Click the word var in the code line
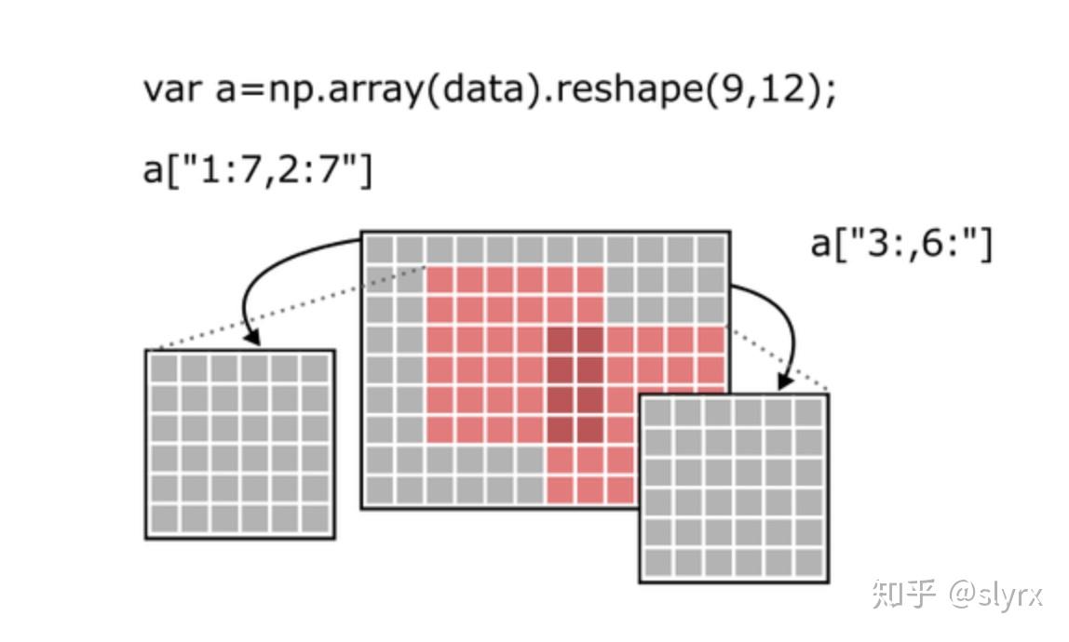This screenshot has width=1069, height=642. point(171,90)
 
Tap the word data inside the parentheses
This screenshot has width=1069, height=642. point(483,88)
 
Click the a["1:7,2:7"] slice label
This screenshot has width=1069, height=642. point(258,169)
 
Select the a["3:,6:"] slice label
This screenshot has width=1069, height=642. point(901,243)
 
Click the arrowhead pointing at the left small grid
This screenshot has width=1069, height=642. point(252,337)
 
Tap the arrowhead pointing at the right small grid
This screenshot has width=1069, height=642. point(785,381)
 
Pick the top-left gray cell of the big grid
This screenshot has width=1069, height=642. point(380,249)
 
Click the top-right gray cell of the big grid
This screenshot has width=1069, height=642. point(711,249)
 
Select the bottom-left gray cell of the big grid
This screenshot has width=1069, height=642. point(380,490)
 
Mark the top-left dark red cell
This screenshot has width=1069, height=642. point(561,341)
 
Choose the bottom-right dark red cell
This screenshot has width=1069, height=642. point(590,430)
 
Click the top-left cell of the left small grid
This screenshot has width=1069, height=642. point(164,368)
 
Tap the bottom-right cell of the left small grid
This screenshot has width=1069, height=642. point(315,519)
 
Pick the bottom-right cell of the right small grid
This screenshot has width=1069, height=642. point(809,563)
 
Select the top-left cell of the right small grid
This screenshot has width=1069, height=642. point(658,412)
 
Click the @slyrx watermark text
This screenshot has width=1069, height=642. point(995,595)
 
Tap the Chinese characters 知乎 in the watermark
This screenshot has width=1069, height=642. point(904,594)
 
